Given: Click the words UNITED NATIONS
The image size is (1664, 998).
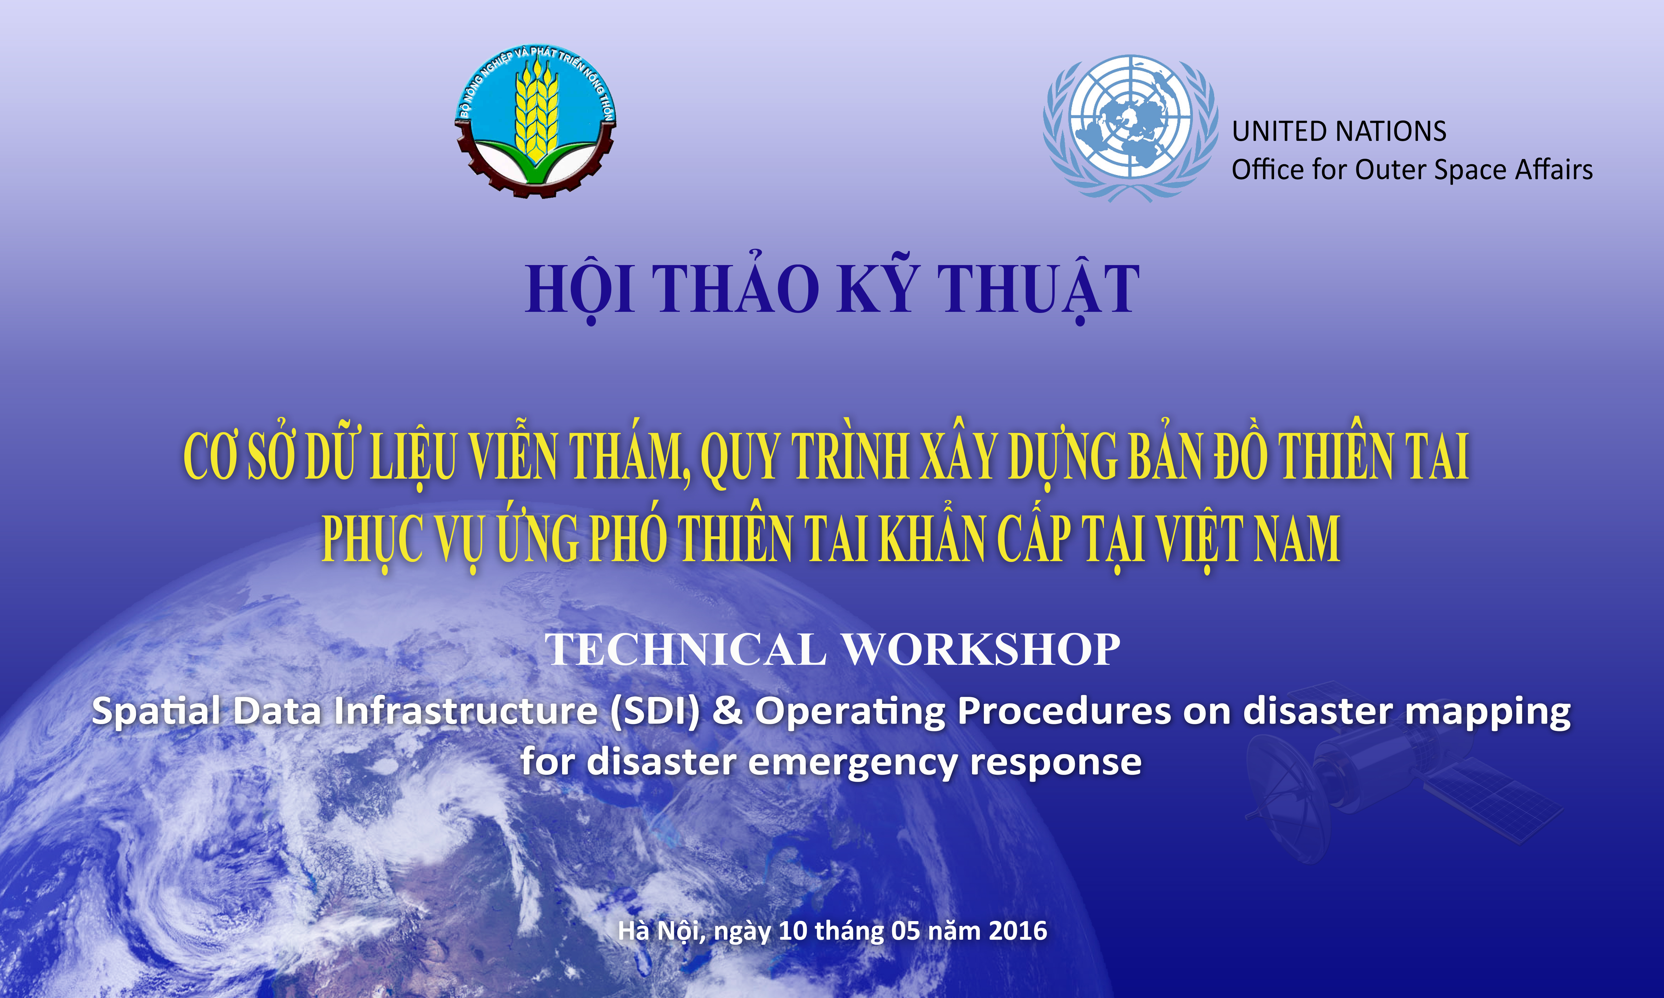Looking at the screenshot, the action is (1339, 131).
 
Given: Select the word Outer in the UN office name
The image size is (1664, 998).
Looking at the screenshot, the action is (1391, 170).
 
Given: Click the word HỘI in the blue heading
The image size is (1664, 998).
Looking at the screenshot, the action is (580, 289).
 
